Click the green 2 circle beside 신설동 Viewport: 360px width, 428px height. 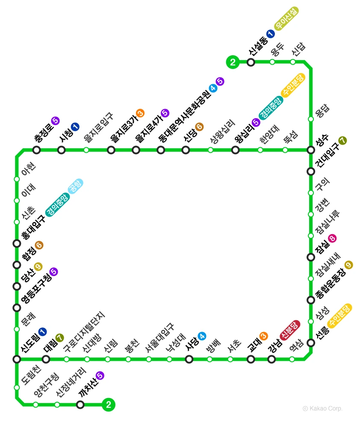(233, 62)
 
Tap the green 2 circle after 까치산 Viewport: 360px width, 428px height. (109, 404)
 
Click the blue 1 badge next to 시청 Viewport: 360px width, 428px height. (75, 126)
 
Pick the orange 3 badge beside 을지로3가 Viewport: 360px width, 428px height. (140, 113)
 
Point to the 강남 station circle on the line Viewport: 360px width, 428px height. (271, 359)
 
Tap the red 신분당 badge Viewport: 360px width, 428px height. (290, 330)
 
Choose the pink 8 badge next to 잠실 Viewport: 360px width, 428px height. (332, 238)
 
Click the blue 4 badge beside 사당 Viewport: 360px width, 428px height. (202, 336)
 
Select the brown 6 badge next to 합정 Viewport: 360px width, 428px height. (39, 245)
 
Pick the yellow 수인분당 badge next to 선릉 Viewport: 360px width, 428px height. (339, 315)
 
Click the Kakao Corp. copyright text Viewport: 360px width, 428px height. (322, 409)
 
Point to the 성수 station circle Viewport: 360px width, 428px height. (311, 150)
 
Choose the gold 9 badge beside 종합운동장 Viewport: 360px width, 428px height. (348, 265)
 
